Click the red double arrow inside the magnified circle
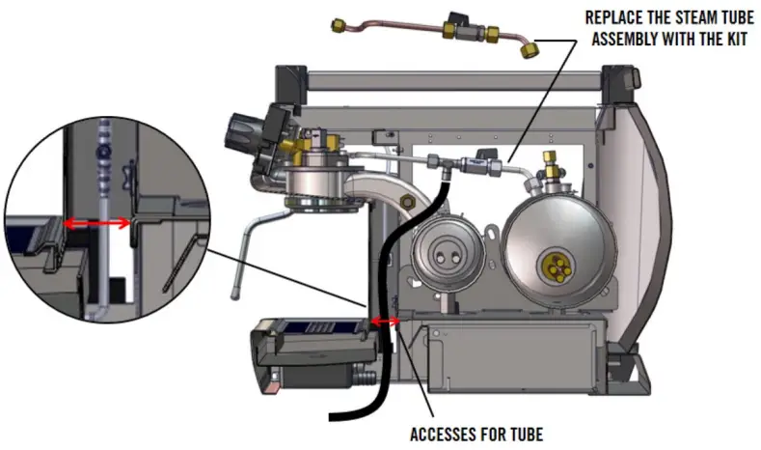[x=97, y=223]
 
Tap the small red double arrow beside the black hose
[x=386, y=321]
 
